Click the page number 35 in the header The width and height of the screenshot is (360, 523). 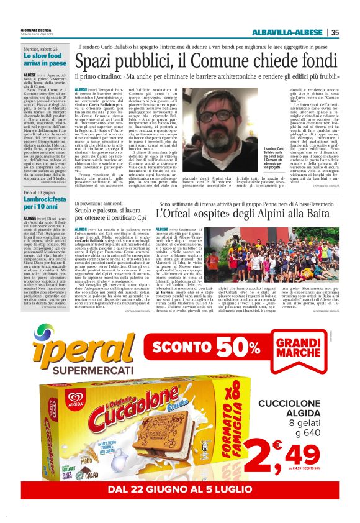click(x=335, y=33)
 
